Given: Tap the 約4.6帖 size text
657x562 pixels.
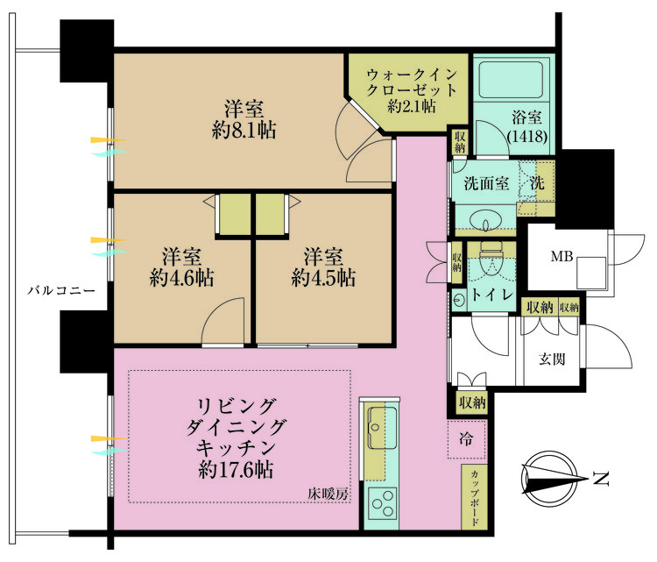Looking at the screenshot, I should (x=183, y=278).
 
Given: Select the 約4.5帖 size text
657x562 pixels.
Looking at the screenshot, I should (x=323, y=278).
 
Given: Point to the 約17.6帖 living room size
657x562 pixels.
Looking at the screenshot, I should (x=236, y=470).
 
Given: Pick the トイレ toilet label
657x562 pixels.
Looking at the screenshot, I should (x=491, y=295).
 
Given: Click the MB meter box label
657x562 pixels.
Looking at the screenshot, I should (x=562, y=257).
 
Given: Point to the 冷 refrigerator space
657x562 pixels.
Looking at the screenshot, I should (x=468, y=439).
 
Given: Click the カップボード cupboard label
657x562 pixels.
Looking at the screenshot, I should (x=474, y=497).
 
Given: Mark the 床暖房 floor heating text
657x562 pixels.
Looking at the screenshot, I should (x=328, y=494).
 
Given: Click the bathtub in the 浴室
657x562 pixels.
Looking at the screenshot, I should (x=512, y=82).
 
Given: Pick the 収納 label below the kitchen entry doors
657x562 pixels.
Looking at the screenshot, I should (x=472, y=402).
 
